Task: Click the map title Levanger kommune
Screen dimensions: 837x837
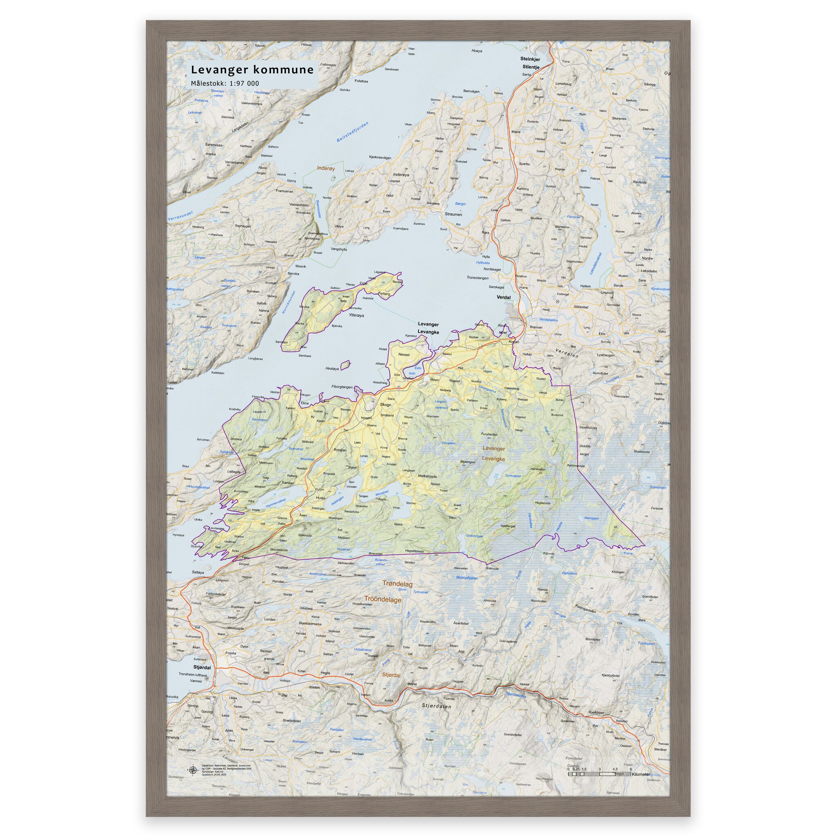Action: click(252, 70)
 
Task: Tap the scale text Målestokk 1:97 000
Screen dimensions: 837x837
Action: click(225, 83)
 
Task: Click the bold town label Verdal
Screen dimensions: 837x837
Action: click(504, 297)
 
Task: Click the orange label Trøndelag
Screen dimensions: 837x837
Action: click(397, 584)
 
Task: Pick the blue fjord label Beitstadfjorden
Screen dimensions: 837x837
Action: click(353, 132)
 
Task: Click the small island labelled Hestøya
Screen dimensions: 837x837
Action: click(345, 366)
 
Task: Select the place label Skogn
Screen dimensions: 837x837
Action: click(385, 405)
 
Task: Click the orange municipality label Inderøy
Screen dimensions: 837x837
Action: click(326, 168)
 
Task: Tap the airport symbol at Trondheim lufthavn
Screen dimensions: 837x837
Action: click(206, 678)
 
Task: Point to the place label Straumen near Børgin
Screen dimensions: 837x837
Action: click(453, 214)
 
